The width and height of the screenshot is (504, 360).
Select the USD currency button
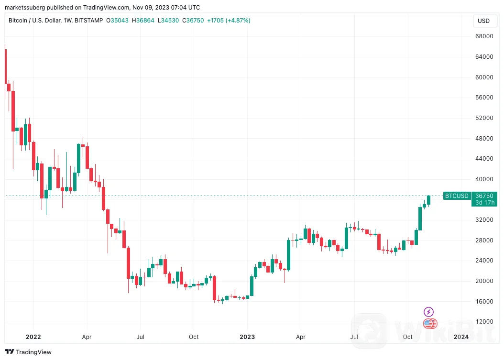(484, 21)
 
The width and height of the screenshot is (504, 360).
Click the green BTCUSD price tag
(457, 196)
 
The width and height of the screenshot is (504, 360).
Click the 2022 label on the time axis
(33, 337)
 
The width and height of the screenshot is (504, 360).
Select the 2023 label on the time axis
(247, 337)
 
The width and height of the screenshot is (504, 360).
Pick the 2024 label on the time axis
(461, 337)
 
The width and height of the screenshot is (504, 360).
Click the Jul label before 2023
(141, 337)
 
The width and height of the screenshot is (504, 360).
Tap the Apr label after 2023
(301, 337)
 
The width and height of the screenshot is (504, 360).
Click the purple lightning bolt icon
(429, 312)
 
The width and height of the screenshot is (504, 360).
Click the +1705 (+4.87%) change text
(228, 21)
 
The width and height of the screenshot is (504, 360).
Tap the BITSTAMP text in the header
(89, 21)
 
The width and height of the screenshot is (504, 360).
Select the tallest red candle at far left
(6, 66)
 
